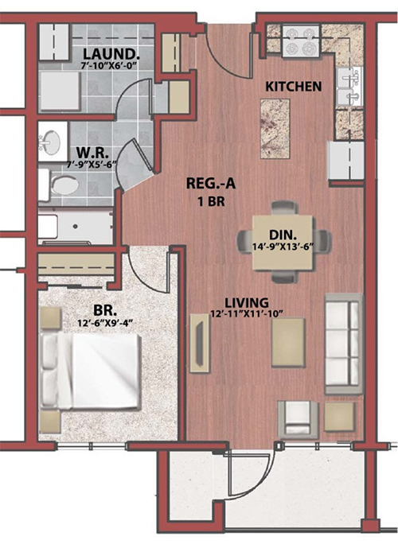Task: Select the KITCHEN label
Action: click(294, 87)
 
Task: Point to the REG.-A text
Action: click(211, 184)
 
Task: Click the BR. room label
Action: click(105, 310)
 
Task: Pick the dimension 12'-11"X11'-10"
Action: click(247, 314)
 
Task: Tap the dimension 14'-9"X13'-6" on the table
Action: click(283, 246)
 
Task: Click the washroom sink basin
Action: click(50, 142)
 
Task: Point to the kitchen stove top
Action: click(300, 41)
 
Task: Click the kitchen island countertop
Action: click(275, 129)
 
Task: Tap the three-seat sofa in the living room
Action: click(344, 344)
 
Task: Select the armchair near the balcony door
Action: click(298, 419)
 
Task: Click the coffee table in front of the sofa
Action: click(288, 343)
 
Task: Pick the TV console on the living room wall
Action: click(200, 343)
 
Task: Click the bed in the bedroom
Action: click(90, 371)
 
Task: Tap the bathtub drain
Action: click(75, 227)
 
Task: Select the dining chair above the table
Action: click(286, 208)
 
